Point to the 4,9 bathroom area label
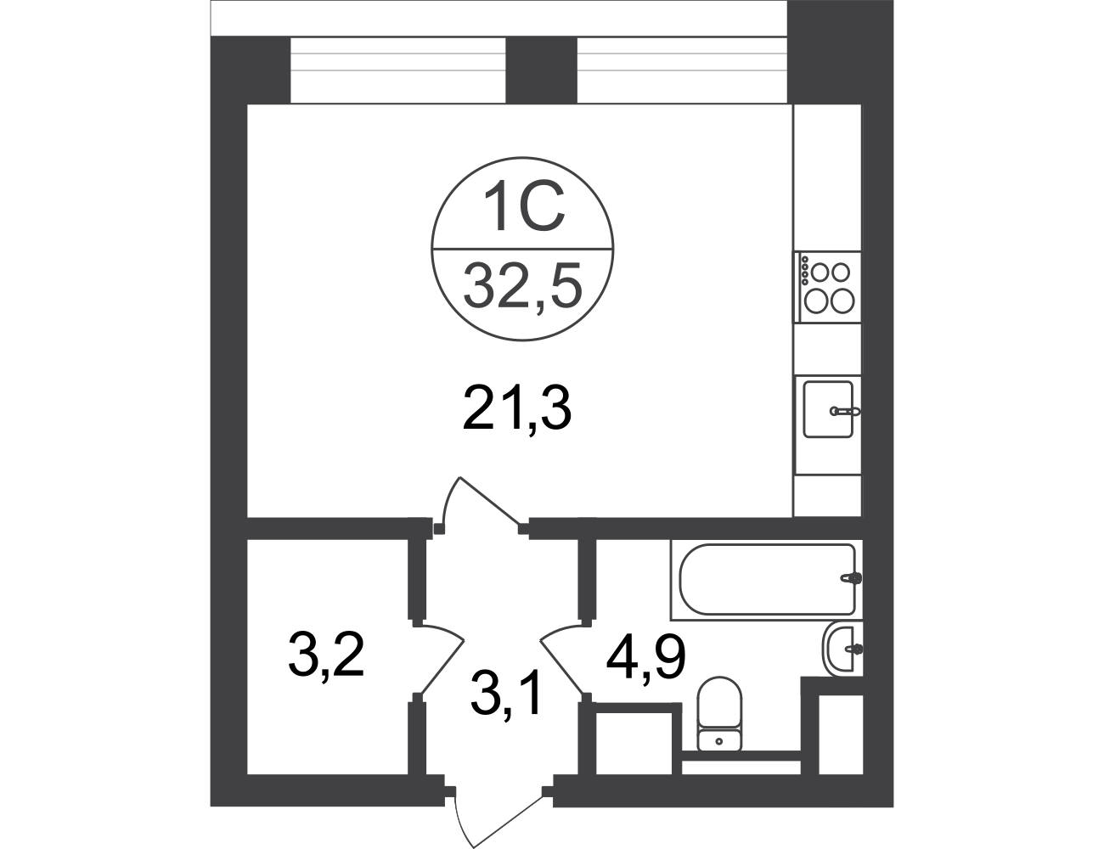[646, 659]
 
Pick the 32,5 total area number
[522, 288]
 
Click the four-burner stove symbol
[828, 287]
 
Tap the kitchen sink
[828, 408]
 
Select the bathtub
[767, 579]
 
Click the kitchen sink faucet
[844, 411]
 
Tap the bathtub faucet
[852, 578]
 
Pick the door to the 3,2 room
[439, 661]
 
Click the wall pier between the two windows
[542, 70]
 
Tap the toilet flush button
[719, 741]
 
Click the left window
[397, 70]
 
